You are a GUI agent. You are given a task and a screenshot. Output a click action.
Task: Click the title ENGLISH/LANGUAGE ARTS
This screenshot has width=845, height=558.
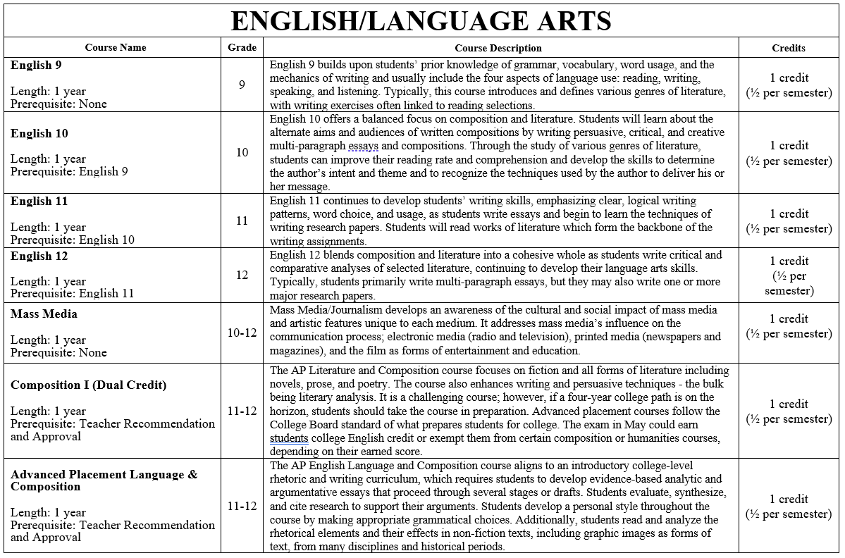pyautogui.click(x=421, y=21)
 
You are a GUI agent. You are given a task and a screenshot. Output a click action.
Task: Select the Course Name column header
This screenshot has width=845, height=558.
pyautogui.click(x=116, y=48)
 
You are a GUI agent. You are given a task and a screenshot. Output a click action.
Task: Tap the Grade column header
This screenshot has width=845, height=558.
pyautogui.click(x=242, y=48)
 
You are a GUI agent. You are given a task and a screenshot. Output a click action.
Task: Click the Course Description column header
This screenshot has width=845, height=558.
pyautogui.click(x=498, y=48)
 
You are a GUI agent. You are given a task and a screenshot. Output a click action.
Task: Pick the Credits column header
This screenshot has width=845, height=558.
pyautogui.click(x=789, y=48)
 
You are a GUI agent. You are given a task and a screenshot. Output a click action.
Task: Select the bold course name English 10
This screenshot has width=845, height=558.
pyautogui.click(x=39, y=133)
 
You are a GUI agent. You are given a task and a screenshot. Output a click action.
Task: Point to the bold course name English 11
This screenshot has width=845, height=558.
pyautogui.click(x=39, y=201)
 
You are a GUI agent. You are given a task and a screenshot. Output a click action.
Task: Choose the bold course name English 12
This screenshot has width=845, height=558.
pyautogui.click(x=39, y=256)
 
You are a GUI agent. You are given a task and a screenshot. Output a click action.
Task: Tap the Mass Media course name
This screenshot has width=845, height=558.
pyautogui.click(x=44, y=314)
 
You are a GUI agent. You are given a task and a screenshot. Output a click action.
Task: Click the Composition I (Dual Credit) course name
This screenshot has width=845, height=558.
pyautogui.click(x=88, y=385)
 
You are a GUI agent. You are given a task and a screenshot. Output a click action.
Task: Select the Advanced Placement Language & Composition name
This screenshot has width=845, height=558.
pyautogui.click(x=104, y=480)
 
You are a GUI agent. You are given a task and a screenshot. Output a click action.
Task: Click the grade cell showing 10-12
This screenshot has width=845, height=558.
pyautogui.click(x=242, y=333)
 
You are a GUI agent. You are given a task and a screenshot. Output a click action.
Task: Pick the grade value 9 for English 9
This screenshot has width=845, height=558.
pyautogui.click(x=242, y=85)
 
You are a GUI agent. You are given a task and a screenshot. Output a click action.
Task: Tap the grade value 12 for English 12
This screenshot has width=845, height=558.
pyautogui.click(x=242, y=275)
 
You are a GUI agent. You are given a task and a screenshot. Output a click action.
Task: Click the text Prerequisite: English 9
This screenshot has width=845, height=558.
pyautogui.click(x=69, y=172)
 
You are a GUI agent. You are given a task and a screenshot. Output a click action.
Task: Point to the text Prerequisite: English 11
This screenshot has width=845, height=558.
pyautogui.click(x=72, y=294)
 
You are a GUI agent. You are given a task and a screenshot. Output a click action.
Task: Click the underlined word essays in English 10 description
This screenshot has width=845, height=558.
pyautogui.click(x=363, y=147)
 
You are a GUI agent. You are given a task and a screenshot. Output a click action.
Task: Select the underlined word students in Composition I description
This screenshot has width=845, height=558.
pyautogui.click(x=289, y=438)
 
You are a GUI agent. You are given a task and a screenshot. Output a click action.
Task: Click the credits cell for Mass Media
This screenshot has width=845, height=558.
pyautogui.click(x=789, y=326)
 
